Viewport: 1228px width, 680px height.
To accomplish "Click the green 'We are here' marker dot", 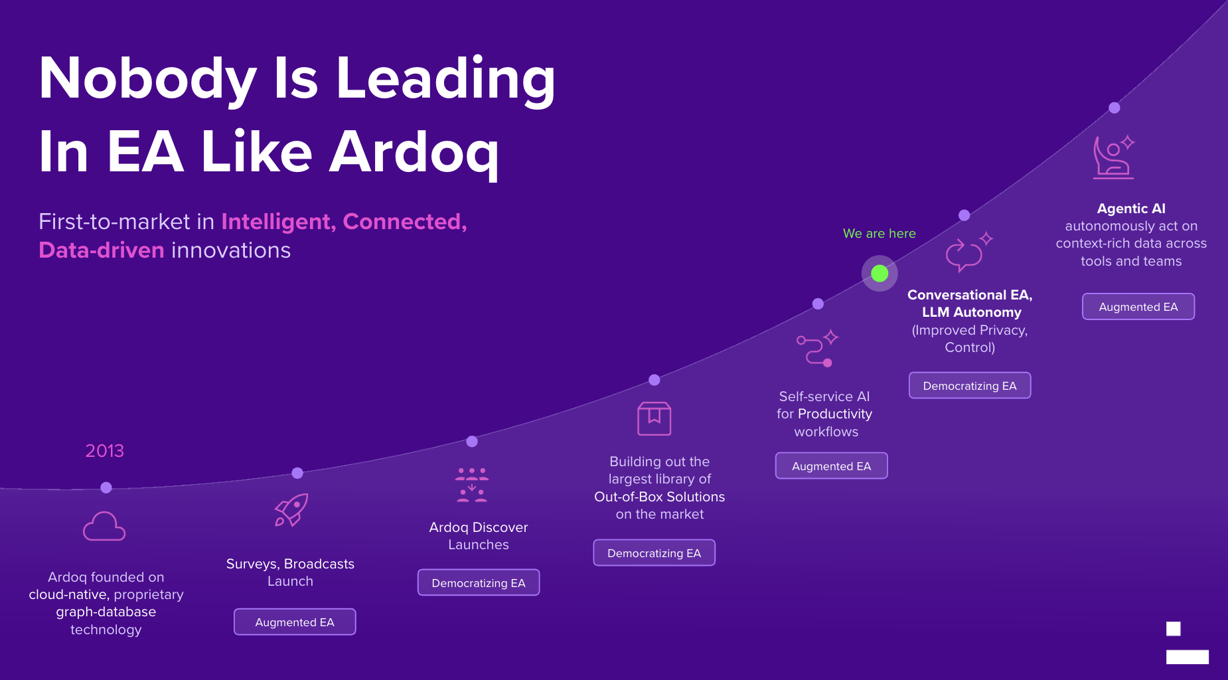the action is click(880, 273).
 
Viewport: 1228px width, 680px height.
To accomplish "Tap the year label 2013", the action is click(104, 451).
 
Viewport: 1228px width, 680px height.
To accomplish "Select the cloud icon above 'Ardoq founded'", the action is click(104, 526).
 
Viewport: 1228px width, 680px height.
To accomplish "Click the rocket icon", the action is click(291, 510).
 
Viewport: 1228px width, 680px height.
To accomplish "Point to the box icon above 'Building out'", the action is click(654, 418).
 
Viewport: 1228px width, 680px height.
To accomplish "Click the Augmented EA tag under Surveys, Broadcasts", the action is click(295, 622).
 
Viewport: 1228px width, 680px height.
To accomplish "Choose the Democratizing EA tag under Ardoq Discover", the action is click(479, 583).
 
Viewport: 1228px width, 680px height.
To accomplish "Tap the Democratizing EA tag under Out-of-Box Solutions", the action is click(654, 553).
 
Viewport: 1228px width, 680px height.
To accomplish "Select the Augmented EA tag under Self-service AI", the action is click(831, 466).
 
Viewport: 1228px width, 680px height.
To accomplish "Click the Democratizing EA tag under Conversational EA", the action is click(970, 386).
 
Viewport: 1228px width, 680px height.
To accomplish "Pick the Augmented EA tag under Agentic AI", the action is click(1138, 307).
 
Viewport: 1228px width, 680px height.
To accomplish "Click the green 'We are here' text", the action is click(879, 233).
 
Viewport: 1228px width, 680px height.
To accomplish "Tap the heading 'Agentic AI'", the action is click(1131, 209).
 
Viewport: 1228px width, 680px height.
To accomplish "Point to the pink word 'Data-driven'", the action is click(102, 250).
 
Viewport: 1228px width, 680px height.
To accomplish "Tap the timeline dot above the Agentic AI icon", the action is click(1114, 108).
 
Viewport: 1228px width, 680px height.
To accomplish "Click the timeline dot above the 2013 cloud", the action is click(106, 487).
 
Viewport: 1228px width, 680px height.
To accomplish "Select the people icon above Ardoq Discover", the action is click(472, 485).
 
